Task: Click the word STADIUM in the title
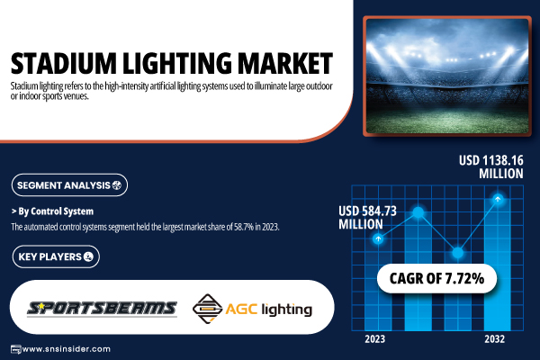tap(64, 63)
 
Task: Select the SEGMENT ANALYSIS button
tap(69, 185)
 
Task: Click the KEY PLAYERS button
tap(56, 256)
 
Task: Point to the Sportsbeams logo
tap(102, 309)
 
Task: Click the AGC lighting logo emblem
tap(207, 309)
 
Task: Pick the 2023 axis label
tap(374, 339)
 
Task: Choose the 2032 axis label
tap(494, 339)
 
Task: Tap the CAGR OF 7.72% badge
tap(436, 278)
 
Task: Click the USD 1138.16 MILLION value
tap(491, 166)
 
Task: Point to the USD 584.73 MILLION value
tap(367, 218)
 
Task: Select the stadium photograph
tap(447, 76)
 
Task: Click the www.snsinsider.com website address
tap(66, 349)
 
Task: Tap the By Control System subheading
tap(52, 211)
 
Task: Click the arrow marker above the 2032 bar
tap(498, 199)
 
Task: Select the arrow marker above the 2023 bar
tap(378, 238)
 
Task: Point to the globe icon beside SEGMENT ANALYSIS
tap(117, 185)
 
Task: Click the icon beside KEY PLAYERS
tap(88, 256)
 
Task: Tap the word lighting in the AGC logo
tap(287, 310)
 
